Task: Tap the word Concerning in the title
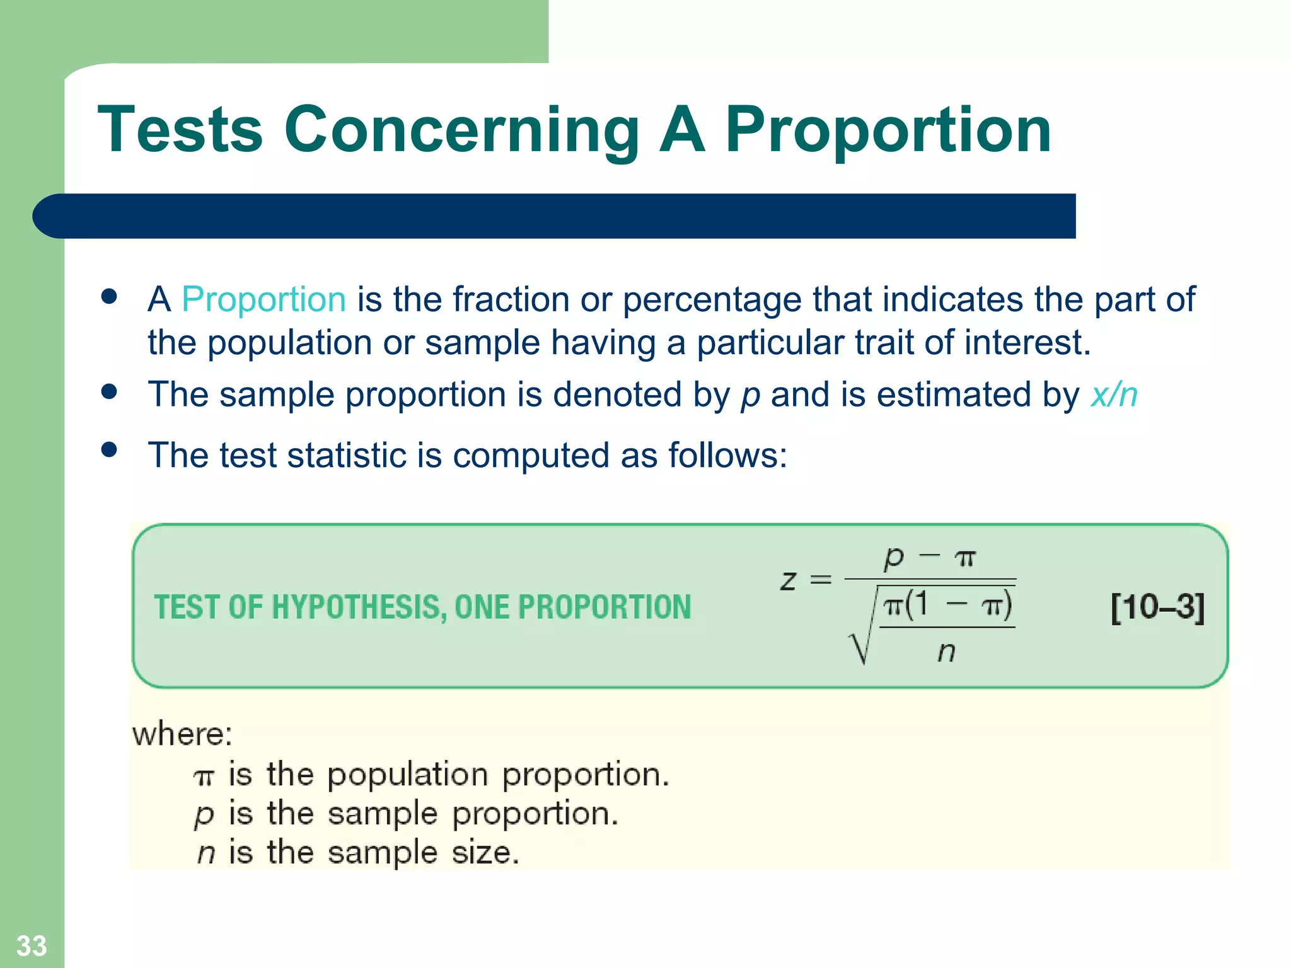pyautogui.click(x=462, y=130)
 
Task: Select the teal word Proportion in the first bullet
pyautogui.click(x=263, y=299)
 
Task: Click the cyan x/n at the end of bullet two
pyautogui.click(x=1114, y=395)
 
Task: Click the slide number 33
pyautogui.click(x=32, y=945)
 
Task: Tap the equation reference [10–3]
pyautogui.click(x=1157, y=608)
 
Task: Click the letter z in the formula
pyautogui.click(x=788, y=579)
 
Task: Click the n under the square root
pyautogui.click(x=946, y=652)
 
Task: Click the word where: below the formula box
pyautogui.click(x=182, y=734)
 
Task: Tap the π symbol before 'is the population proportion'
pyautogui.click(x=204, y=777)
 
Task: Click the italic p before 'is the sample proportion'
pyautogui.click(x=204, y=815)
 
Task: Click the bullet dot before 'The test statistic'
pyautogui.click(x=109, y=449)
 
